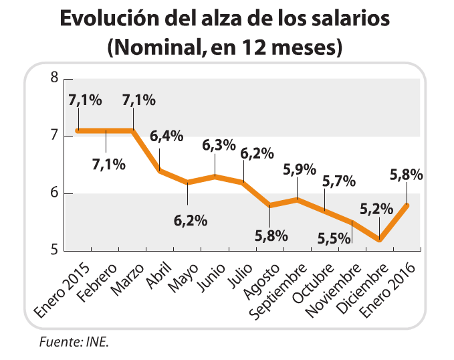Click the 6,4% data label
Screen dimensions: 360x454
click(166, 137)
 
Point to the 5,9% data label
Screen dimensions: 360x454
click(299, 169)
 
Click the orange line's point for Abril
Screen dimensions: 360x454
click(160, 171)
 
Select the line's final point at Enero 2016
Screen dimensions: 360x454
click(408, 205)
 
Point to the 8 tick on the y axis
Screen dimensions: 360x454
click(54, 79)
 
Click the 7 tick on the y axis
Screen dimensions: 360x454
click(54, 137)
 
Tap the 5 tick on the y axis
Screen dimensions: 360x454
click(54, 251)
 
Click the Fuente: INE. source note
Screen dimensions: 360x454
click(74, 342)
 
